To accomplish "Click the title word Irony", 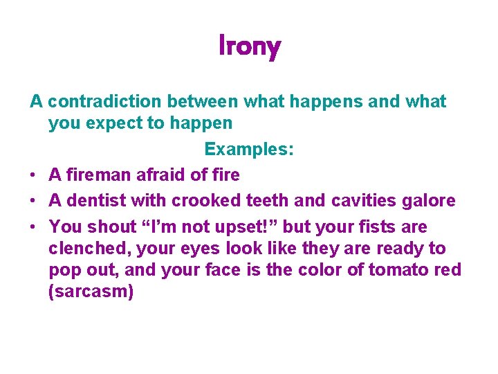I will pos(249,46).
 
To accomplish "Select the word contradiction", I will pos(102,102).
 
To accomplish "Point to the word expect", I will pos(120,124).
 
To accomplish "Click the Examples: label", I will pos(249,149).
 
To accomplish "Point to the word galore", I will pos(432,201).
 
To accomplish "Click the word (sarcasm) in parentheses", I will pos(91,292).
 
